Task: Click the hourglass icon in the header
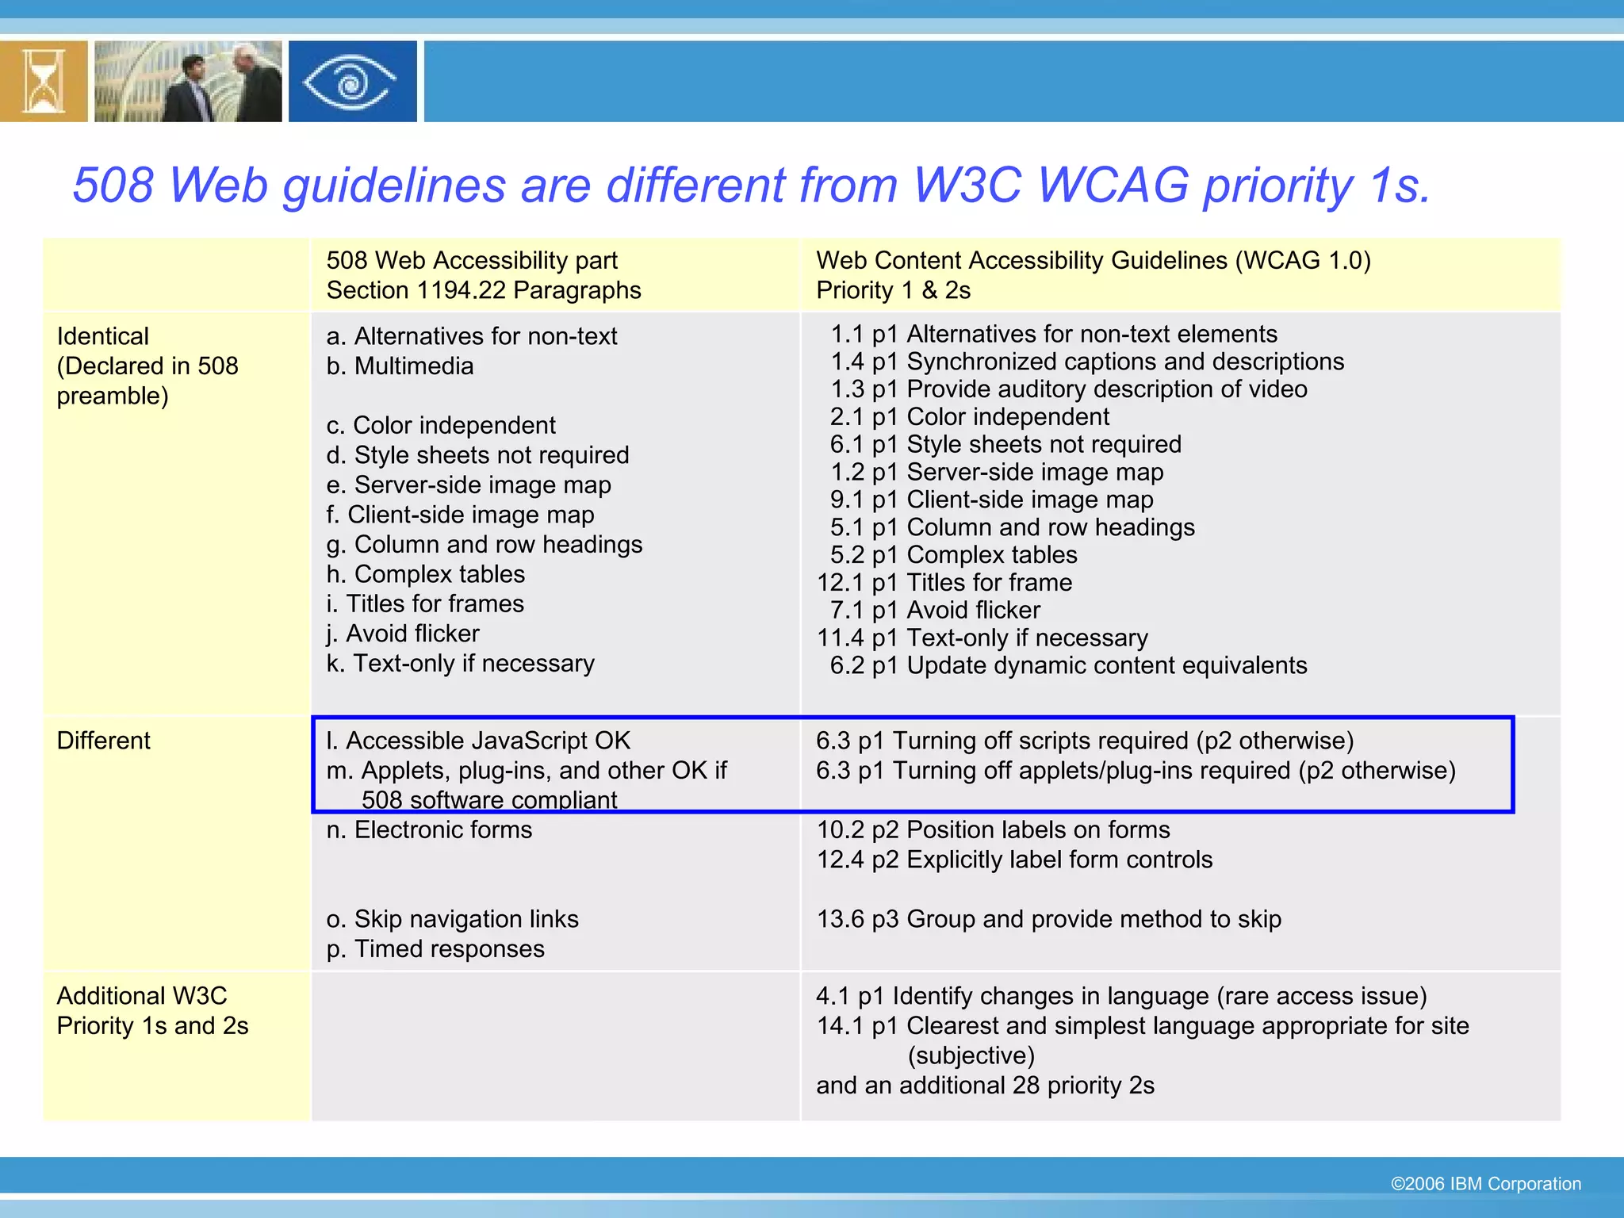pos(43,82)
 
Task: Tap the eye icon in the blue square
pos(351,82)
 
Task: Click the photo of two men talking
pos(188,82)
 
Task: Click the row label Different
pos(103,741)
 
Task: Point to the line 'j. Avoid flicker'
pos(403,634)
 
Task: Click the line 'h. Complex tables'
pos(425,574)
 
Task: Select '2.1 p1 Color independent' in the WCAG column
pos(969,417)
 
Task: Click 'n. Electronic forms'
pos(429,830)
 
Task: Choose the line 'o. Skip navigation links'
pos(452,919)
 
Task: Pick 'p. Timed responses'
pos(435,949)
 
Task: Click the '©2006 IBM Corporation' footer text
pos(1485,1184)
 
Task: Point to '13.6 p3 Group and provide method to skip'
pos(1048,919)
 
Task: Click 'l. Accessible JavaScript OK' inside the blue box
pos(478,741)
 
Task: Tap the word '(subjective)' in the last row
pos(971,1056)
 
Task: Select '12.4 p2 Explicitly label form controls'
pos(1014,860)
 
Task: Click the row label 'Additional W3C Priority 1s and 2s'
pos(152,1011)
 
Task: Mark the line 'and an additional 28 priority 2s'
pos(985,1086)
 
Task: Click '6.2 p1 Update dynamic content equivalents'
pos(1067,666)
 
